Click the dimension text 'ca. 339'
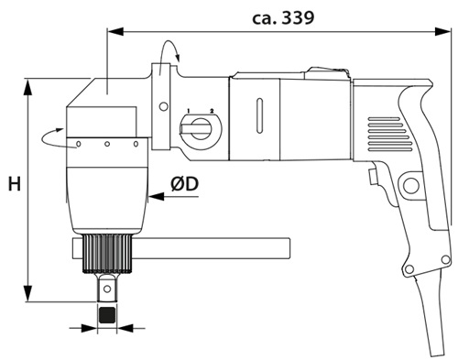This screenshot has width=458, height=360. tap(283, 18)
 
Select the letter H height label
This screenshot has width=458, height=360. tap(15, 184)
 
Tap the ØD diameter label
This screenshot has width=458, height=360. tap(185, 184)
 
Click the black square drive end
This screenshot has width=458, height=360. tap(107, 315)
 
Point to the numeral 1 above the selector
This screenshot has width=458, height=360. tap(189, 110)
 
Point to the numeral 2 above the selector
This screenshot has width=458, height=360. tap(212, 110)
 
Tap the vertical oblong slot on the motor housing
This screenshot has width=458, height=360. tap(259, 115)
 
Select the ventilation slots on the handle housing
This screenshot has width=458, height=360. tap(389, 134)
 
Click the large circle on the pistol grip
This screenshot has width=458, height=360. tap(410, 185)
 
